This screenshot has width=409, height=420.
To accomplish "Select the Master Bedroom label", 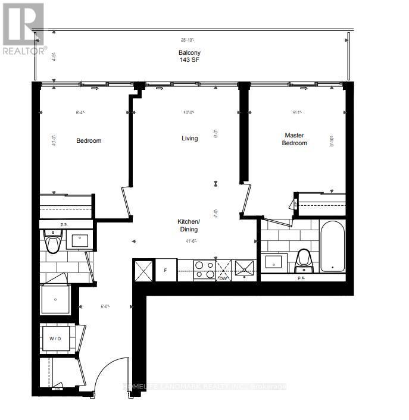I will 295,139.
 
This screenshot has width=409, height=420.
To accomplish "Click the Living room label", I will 190,139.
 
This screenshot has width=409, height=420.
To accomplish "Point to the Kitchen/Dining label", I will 189,225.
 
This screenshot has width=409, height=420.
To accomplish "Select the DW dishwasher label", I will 223,278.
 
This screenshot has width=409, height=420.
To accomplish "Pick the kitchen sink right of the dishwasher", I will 245,269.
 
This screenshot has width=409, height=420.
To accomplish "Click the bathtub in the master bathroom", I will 332,246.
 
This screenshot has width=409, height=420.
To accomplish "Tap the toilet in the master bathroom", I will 304,258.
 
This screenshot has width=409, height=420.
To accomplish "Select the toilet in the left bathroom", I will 54,243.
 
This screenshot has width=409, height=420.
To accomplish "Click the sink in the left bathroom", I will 80,240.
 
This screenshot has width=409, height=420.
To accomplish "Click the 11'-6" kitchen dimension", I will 191,241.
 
